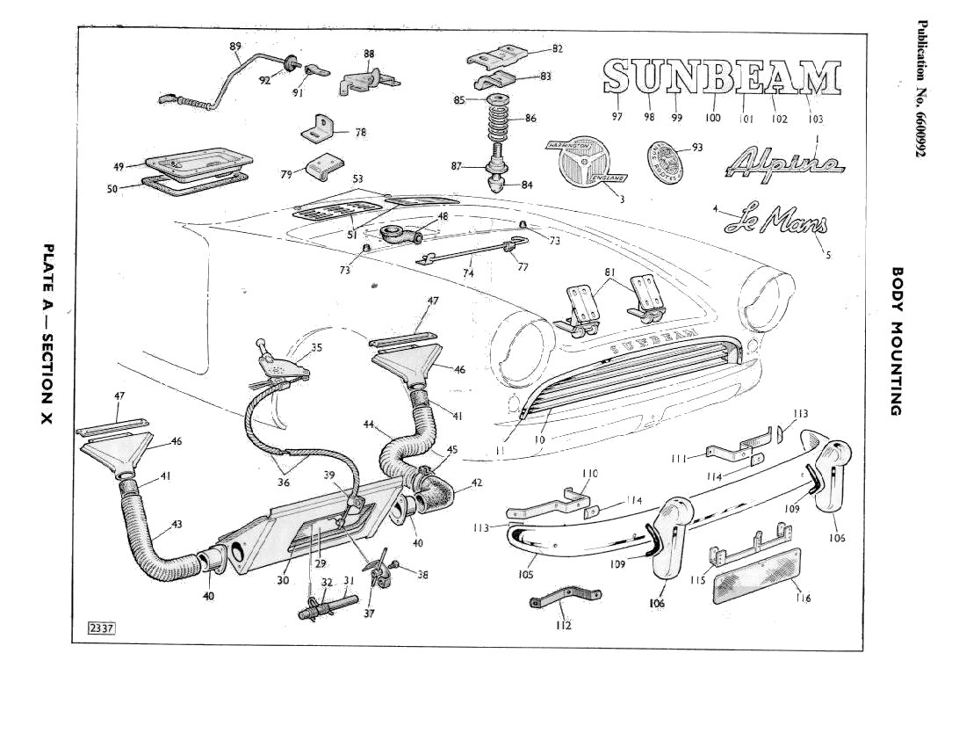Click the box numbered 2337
tap(102, 628)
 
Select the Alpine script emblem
tap(784, 163)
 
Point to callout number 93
tap(697, 148)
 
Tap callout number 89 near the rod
tap(235, 47)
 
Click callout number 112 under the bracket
tap(563, 625)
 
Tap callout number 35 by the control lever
tap(316, 347)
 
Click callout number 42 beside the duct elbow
tap(477, 482)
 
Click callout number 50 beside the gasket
tap(113, 188)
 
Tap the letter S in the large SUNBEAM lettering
tap(617, 77)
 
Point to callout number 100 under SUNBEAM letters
tap(712, 117)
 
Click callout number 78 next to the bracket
tap(360, 132)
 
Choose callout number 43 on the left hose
tap(177, 524)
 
